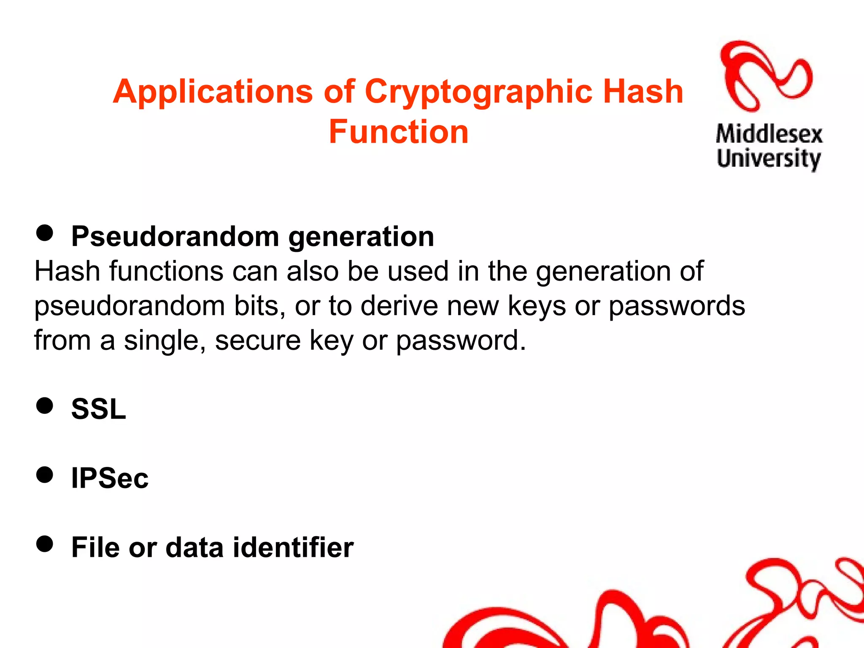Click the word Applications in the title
pyautogui.click(x=213, y=92)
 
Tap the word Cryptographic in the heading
pyautogui.click(x=478, y=92)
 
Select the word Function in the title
pyautogui.click(x=398, y=132)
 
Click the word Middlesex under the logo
pyautogui.click(x=769, y=135)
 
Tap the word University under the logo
pyautogui.click(x=769, y=159)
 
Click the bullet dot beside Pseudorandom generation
pyautogui.click(x=45, y=232)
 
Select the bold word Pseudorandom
pyautogui.click(x=175, y=237)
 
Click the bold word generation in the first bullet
pyautogui.click(x=361, y=237)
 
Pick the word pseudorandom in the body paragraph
pyautogui.click(x=130, y=306)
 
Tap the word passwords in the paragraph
pyautogui.click(x=677, y=306)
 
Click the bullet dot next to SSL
pyautogui.click(x=45, y=405)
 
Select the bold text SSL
pyautogui.click(x=99, y=409)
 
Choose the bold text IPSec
pyautogui.click(x=110, y=478)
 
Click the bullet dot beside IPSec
pyautogui.click(x=45, y=475)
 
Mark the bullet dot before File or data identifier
pyautogui.click(x=45, y=544)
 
